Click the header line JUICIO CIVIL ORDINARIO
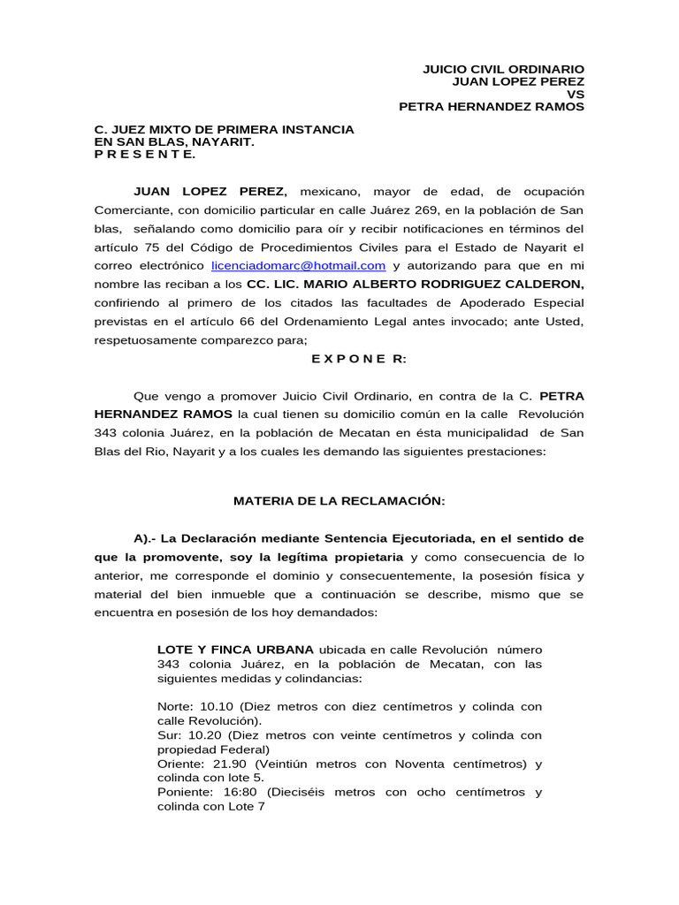click(x=503, y=69)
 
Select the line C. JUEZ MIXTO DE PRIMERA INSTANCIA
click(x=224, y=129)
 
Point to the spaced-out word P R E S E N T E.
click(x=145, y=154)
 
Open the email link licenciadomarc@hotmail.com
click(x=298, y=265)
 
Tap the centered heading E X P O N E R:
click(x=347, y=358)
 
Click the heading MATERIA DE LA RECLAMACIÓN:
click(x=339, y=500)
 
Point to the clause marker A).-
click(x=149, y=537)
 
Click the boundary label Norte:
click(x=176, y=707)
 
